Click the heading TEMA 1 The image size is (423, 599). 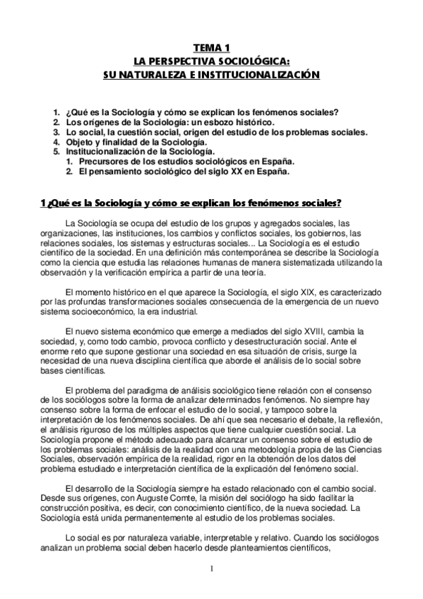[x=211, y=48]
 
